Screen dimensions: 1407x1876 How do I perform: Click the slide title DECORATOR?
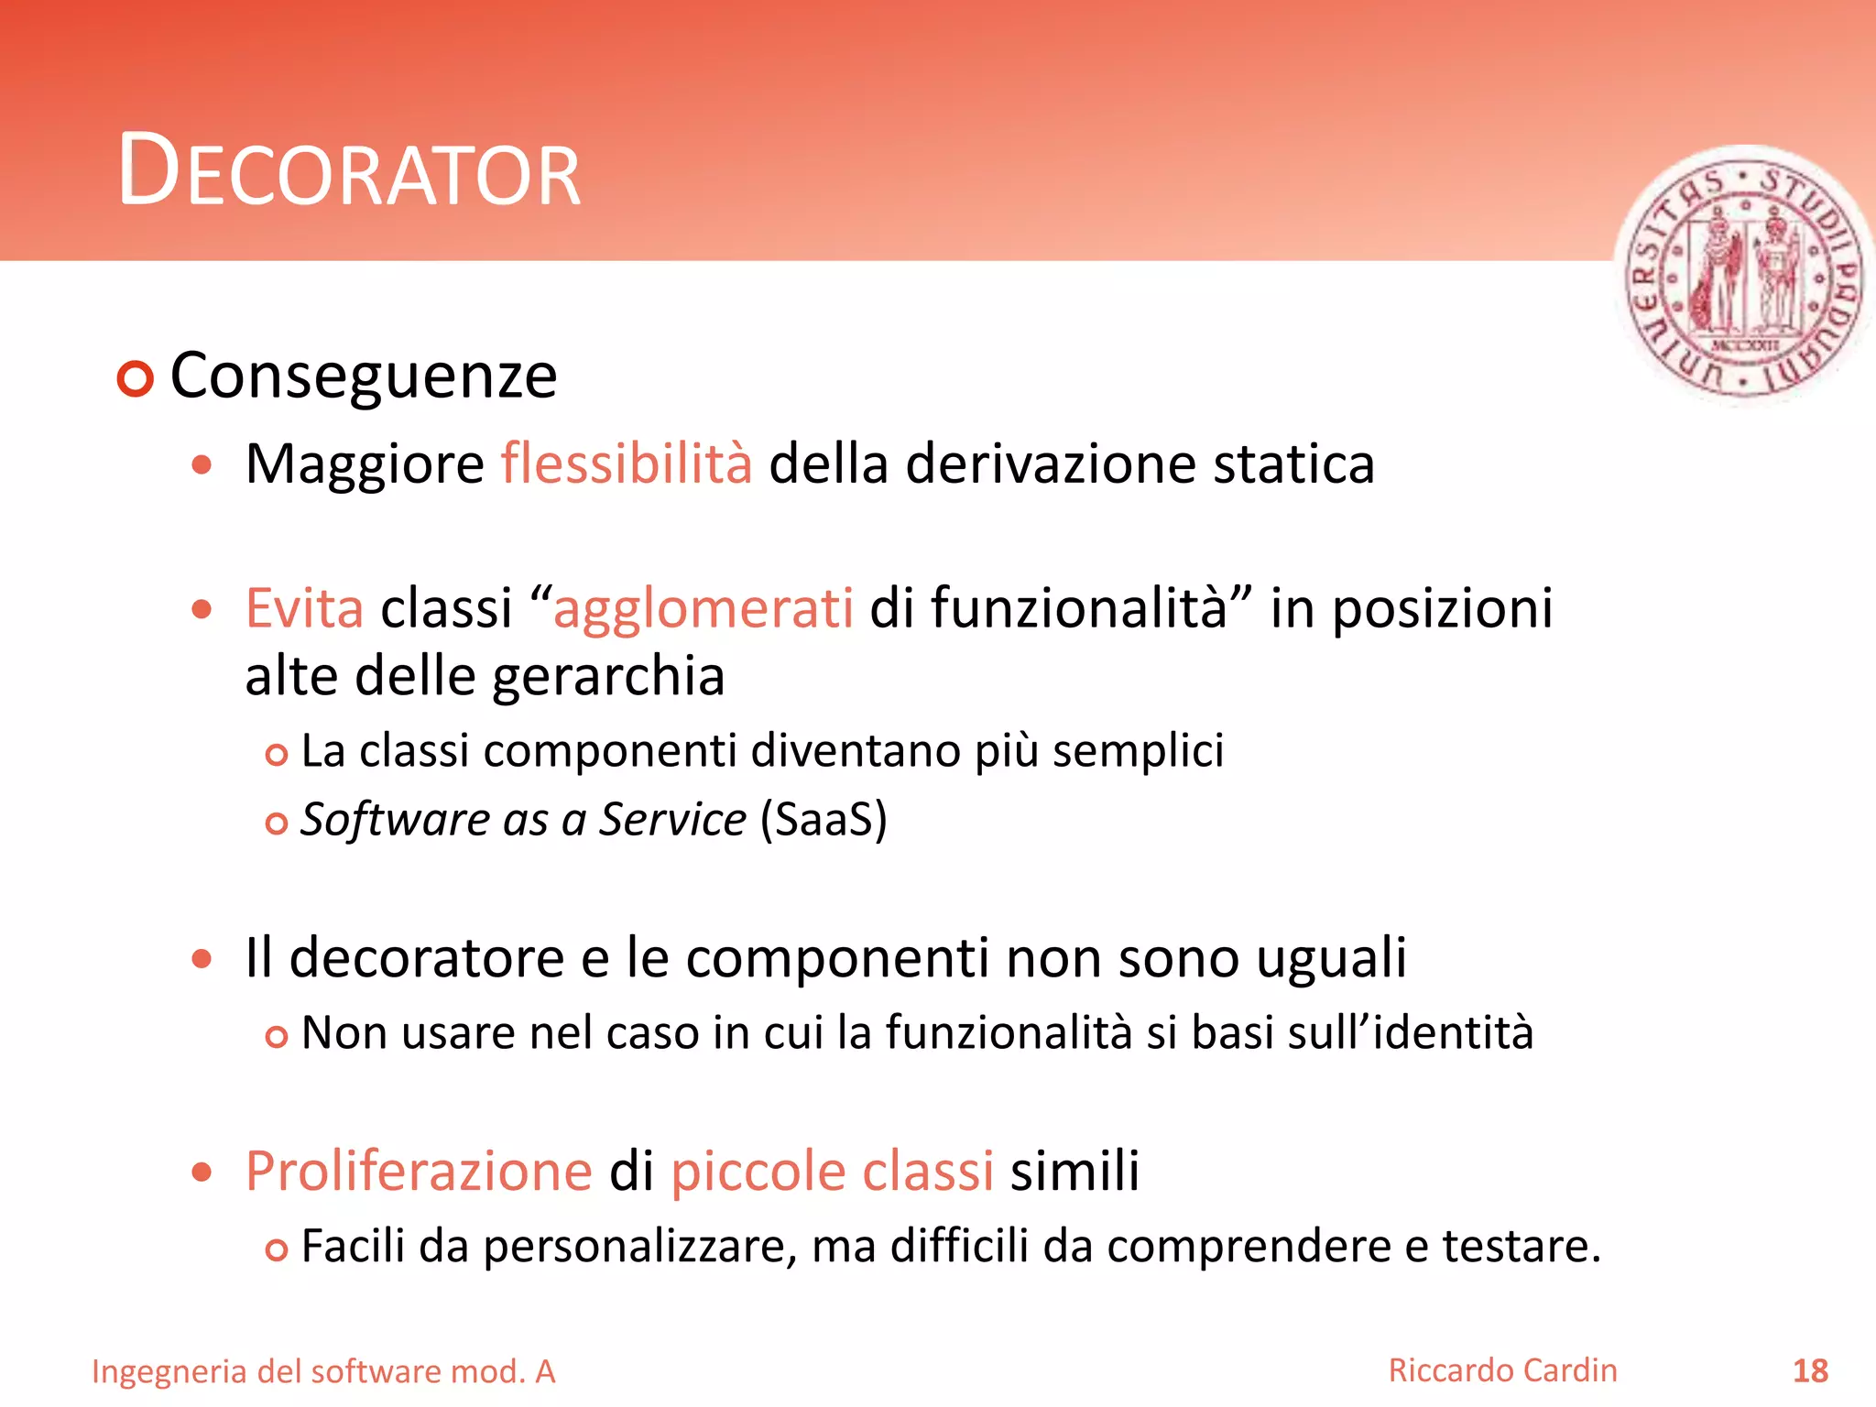coord(349,171)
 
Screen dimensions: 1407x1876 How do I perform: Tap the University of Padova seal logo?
coord(1744,275)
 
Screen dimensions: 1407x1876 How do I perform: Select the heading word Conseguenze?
coord(364,376)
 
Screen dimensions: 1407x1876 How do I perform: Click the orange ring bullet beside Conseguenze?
coord(136,378)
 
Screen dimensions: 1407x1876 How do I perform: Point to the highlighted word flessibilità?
coord(627,464)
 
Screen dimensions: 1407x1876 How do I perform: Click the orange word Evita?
coord(304,608)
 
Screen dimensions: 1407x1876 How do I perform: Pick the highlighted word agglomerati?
coord(703,610)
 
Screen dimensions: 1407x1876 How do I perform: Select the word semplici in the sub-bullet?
coord(1138,752)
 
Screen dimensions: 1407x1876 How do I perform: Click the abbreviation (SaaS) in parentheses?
coord(823,820)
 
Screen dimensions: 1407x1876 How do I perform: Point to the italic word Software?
coord(393,820)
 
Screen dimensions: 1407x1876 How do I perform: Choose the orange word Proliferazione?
coord(419,1172)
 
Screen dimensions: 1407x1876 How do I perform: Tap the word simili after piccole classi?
coord(1074,1172)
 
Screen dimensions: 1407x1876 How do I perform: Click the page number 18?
coord(1810,1371)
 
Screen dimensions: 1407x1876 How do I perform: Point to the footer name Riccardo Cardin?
coord(1502,1370)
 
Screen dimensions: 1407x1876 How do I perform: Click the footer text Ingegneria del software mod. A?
coord(323,1372)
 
